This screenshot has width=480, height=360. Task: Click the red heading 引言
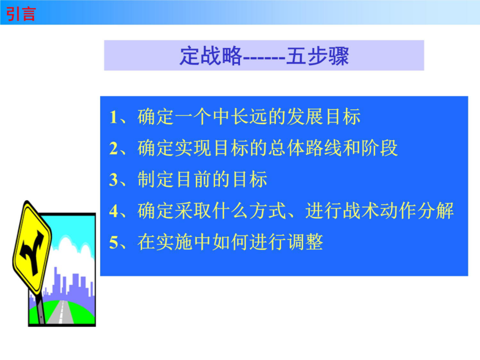(x=21, y=14)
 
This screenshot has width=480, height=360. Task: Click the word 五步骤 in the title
(x=317, y=56)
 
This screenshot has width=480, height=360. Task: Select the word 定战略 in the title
(x=211, y=56)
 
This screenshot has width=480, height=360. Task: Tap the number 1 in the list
(x=113, y=117)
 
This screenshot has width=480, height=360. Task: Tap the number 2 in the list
(x=114, y=148)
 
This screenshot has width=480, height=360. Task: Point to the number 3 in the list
(x=114, y=180)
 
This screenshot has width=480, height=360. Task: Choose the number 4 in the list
(x=114, y=211)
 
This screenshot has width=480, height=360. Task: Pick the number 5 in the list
(x=114, y=243)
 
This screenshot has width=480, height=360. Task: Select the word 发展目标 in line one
(x=324, y=117)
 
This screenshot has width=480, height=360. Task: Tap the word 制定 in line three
(x=156, y=179)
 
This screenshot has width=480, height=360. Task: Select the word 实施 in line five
(x=174, y=242)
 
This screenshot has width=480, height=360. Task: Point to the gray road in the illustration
(x=62, y=311)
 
